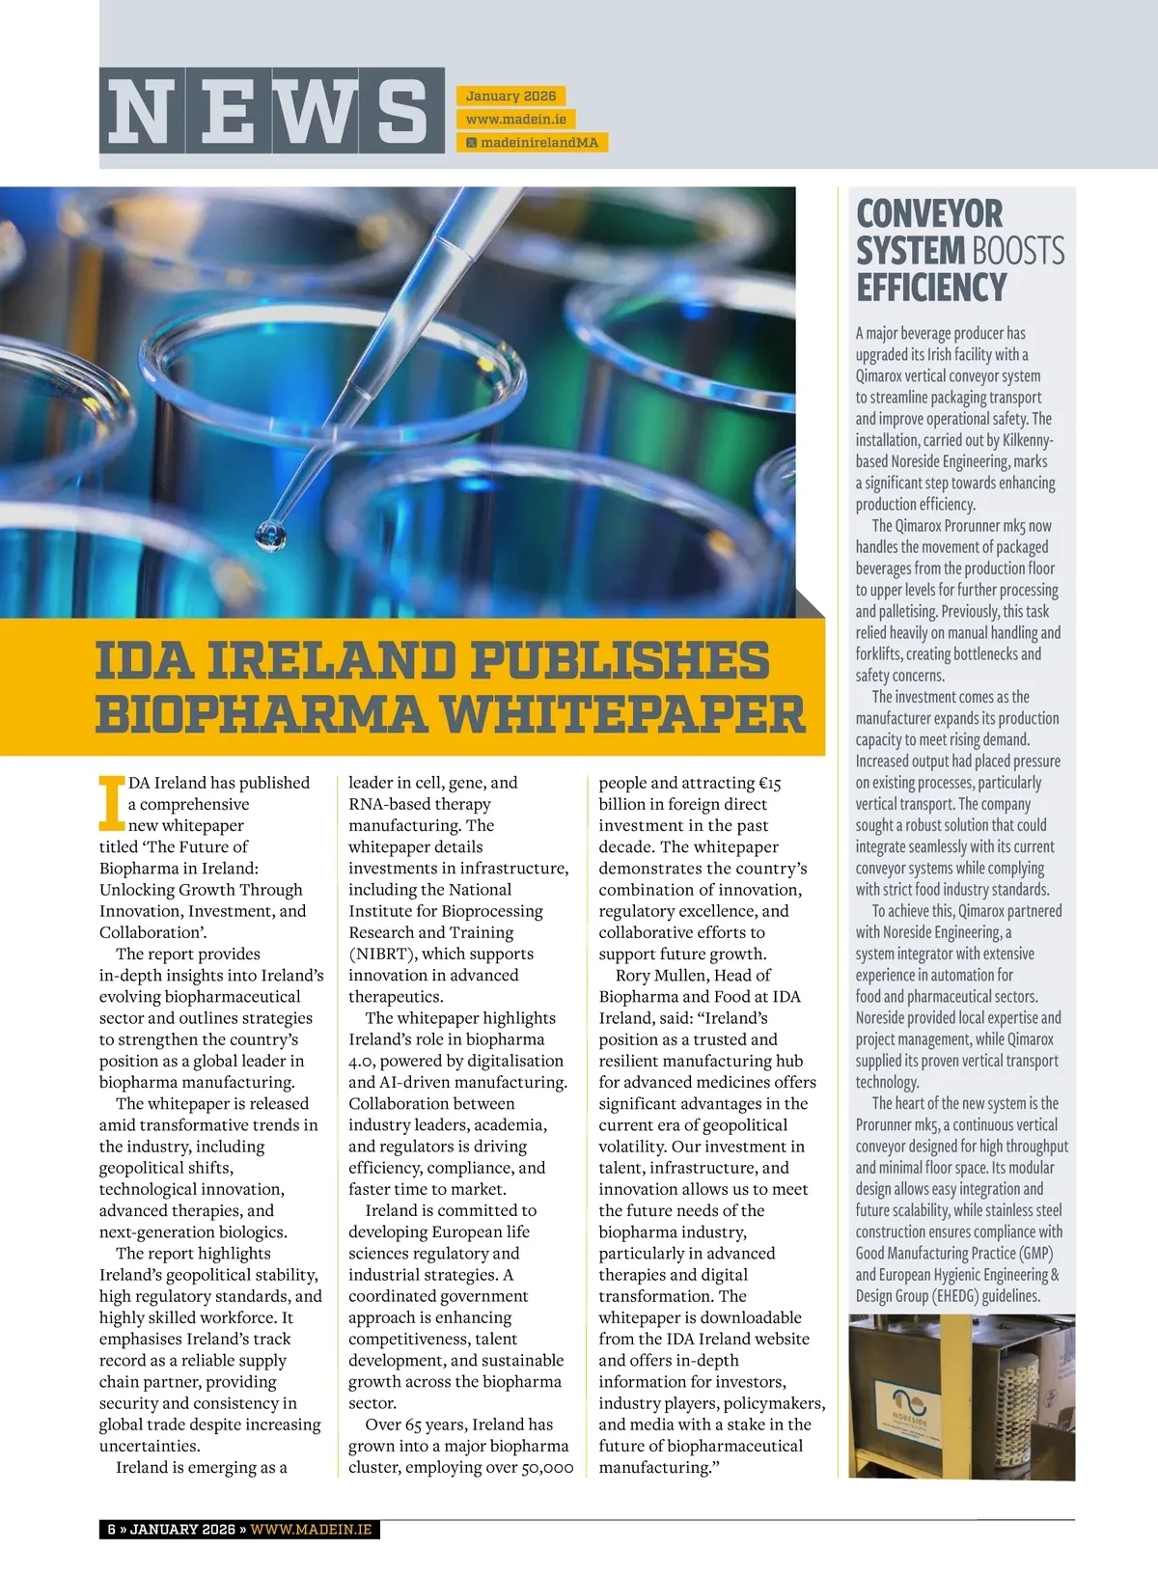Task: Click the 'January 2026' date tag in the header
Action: (510, 96)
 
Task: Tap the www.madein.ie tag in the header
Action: (515, 119)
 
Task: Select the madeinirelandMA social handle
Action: (538, 142)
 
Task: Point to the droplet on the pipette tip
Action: (270, 534)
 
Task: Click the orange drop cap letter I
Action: (112, 802)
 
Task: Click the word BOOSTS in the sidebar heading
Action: (1019, 251)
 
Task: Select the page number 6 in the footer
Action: (112, 1530)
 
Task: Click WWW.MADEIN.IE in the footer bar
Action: (311, 1530)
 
